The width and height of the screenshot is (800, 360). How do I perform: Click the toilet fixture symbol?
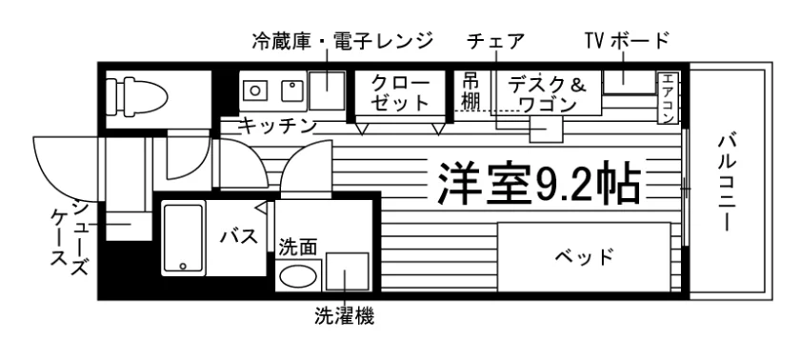point(136,95)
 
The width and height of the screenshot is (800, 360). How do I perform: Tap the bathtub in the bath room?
point(184,238)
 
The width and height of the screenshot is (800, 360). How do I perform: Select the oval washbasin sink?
point(298,276)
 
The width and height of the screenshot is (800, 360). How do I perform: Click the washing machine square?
point(348,271)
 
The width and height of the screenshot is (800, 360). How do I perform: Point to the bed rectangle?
point(584,257)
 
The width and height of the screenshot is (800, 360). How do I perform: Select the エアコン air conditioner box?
point(668,98)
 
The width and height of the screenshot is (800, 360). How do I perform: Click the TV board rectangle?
point(630,82)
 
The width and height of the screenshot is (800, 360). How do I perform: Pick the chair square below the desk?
point(546,129)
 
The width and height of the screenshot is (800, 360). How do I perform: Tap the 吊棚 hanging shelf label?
point(471,90)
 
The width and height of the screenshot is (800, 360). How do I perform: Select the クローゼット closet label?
point(400,92)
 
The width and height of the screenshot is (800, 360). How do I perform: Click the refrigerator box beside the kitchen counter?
point(327,90)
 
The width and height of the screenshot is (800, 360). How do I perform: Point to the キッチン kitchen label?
point(278,126)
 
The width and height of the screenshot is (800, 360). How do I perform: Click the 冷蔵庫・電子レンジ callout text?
point(342,41)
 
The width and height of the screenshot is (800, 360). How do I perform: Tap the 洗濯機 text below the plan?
point(345,316)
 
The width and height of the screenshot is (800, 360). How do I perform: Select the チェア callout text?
point(495,41)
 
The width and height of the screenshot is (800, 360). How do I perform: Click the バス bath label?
point(239,236)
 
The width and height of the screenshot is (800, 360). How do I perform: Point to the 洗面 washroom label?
point(298,248)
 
